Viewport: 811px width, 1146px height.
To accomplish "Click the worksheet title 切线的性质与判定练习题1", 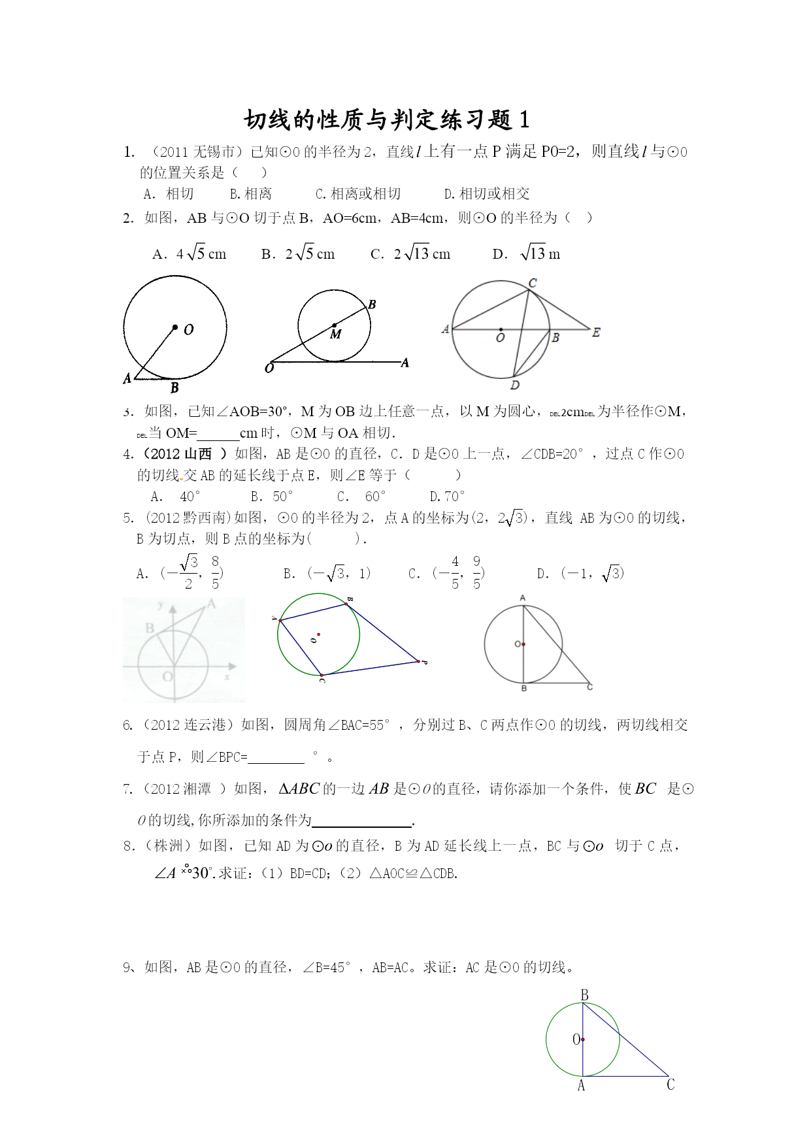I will click(386, 120).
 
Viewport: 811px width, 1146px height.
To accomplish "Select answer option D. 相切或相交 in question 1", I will click(487, 194).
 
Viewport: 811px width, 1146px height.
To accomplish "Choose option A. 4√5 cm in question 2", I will click(190, 254).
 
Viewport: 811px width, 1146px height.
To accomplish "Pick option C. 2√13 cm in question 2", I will click(410, 254).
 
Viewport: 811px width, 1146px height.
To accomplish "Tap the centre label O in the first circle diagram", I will click(189, 330).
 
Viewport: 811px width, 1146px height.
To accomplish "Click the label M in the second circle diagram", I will click(336, 335).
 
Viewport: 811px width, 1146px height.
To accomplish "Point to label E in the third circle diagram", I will click(596, 333).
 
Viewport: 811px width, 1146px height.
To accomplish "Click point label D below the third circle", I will click(515, 385).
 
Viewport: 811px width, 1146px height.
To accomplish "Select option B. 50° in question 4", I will click(272, 497).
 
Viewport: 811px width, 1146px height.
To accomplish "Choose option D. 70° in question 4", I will click(447, 497).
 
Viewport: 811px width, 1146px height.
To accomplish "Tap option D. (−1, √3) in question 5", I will click(580, 574).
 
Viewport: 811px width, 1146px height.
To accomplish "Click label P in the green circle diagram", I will click(424, 663).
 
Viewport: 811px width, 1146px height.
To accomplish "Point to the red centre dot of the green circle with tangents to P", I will click(319, 634).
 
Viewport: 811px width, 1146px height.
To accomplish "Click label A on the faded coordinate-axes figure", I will click(211, 605).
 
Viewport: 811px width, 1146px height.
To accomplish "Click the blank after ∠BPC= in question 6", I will click(276, 758).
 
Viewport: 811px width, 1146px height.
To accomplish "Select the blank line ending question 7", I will click(362, 821).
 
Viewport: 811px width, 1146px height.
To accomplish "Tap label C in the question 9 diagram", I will click(670, 1085).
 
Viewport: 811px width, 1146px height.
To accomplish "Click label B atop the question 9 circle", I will click(584, 995).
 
